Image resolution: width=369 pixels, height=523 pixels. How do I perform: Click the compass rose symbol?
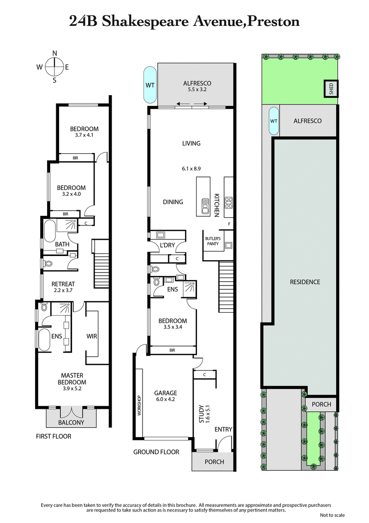coord(54,67)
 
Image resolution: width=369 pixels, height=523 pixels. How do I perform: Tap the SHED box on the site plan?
coord(331,88)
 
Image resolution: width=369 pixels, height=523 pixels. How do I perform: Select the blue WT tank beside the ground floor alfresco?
coord(150,85)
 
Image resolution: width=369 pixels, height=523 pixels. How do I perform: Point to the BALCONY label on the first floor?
coord(71,422)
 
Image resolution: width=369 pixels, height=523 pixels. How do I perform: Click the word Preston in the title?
coord(274,21)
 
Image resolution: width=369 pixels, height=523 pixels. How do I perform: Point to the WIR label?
coord(91,336)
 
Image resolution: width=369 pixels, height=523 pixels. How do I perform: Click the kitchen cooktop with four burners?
coord(228,201)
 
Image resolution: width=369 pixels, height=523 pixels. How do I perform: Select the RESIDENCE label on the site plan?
coord(304,282)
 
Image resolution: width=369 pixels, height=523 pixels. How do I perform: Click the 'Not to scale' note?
coord(332,515)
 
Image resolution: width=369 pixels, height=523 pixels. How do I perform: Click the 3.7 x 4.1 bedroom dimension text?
coord(84,135)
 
